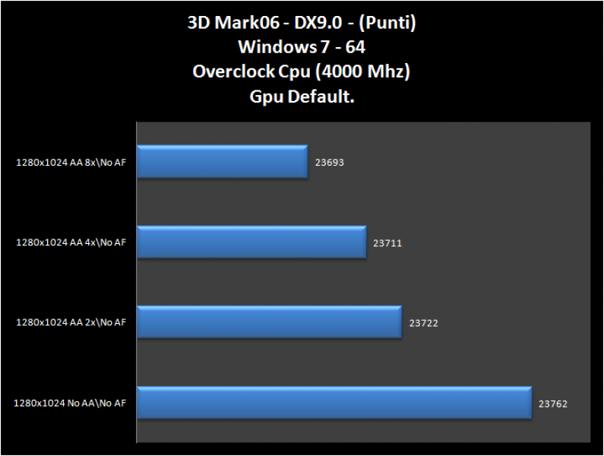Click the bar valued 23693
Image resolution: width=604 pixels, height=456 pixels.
(x=223, y=162)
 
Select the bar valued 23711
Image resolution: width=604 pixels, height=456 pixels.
(x=251, y=242)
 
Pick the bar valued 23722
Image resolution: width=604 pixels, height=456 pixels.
(x=269, y=322)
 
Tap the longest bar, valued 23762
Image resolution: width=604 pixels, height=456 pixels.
(x=334, y=403)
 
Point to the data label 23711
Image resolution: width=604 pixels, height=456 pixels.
(x=387, y=243)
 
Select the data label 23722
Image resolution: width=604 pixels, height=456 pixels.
(x=423, y=323)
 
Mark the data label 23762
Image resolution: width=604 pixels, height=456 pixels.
(x=553, y=404)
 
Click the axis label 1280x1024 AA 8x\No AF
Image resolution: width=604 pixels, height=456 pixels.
(x=71, y=162)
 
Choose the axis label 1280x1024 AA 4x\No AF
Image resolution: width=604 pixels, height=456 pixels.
(x=71, y=242)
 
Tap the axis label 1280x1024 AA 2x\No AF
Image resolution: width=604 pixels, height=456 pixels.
(x=71, y=322)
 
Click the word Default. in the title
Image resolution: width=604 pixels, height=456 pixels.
(x=321, y=97)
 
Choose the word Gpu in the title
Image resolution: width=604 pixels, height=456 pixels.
(x=266, y=97)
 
